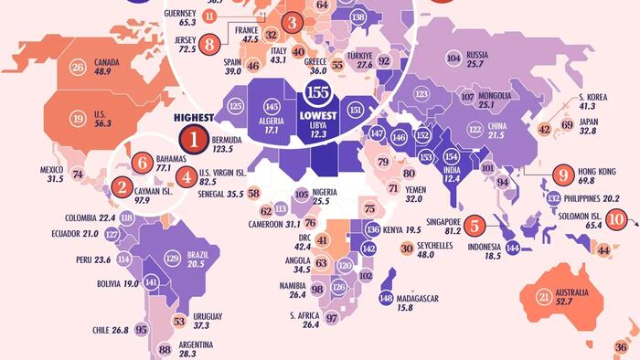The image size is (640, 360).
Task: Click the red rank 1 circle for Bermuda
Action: coord(194,140)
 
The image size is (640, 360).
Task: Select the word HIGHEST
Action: coord(194,117)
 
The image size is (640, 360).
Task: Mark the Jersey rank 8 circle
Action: coord(210,42)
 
